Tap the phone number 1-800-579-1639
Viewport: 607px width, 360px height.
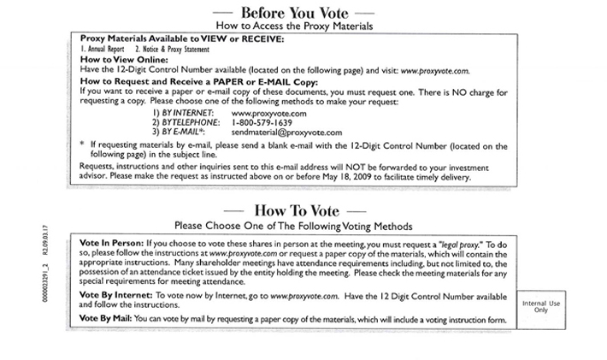(x=265, y=123)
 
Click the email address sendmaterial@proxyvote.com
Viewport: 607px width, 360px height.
(x=286, y=133)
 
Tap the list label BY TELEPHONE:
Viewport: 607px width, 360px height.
(x=185, y=123)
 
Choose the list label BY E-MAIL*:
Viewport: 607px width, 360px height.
(x=178, y=133)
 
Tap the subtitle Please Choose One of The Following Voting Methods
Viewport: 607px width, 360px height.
(x=294, y=227)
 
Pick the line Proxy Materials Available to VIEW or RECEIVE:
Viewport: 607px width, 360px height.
(x=168, y=39)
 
